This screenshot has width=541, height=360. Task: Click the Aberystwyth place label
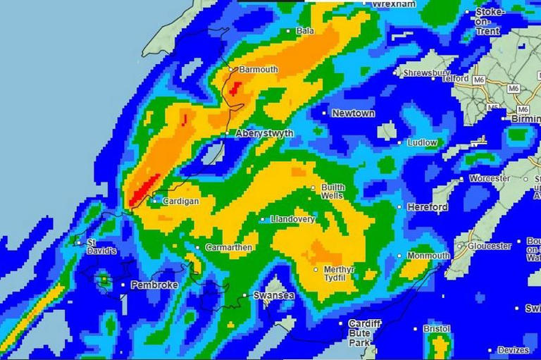coord(264,133)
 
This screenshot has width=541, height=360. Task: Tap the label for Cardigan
coord(180,201)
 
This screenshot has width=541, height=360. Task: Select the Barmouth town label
coord(259,70)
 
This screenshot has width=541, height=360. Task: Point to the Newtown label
coord(354,113)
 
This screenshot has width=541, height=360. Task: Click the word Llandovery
coord(293,219)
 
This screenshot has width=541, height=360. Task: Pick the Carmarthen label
coord(229,247)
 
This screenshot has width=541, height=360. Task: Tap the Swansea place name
coord(273,296)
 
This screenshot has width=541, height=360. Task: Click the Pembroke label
coord(154,285)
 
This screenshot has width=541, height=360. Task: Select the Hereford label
coord(427,207)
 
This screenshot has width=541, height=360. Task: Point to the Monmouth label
coord(428,255)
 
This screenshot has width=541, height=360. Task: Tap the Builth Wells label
coord(333,192)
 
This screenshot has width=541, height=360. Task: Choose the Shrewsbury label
coord(427,73)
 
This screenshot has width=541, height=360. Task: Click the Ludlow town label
coord(423,142)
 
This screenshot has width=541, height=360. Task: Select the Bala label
coord(306,31)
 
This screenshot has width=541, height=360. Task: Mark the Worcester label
coord(490,179)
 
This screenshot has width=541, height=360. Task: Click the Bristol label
coord(437,329)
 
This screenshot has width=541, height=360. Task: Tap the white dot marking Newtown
coord(325,113)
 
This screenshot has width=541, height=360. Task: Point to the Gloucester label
coord(490,247)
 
